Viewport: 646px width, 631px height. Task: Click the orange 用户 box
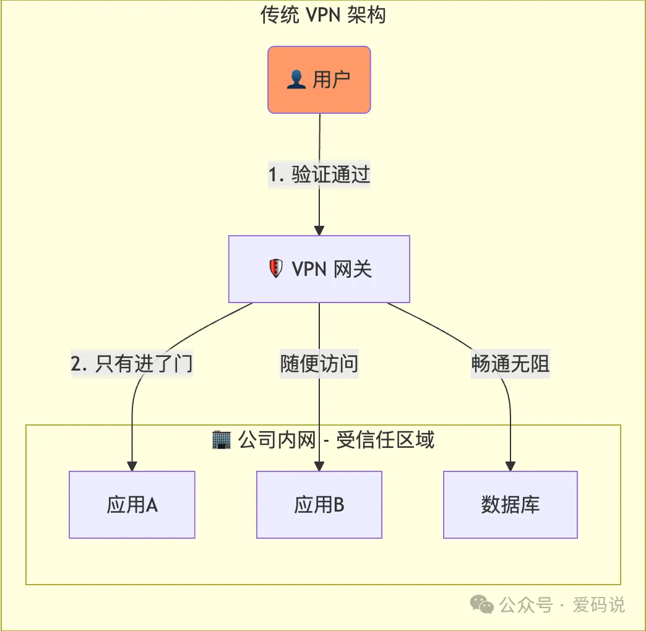(319, 80)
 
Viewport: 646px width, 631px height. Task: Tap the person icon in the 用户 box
(296, 80)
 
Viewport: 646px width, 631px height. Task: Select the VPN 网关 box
(319, 269)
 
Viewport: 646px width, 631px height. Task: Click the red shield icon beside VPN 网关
(275, 269)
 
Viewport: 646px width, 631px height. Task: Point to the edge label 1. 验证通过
(319, 175)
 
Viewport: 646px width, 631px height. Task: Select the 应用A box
(132, 505)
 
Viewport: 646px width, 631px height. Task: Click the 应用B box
(319, 505)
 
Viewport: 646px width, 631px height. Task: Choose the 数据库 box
(510, 505)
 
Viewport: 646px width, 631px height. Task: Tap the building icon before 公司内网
(221, 440)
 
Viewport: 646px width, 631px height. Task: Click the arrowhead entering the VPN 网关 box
(319, 230)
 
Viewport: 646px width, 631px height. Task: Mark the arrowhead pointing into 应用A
(132, 466)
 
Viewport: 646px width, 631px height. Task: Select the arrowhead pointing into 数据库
(510, 466)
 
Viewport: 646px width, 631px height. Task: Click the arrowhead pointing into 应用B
(319, 466)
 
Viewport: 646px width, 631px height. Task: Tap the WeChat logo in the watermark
(482, 604)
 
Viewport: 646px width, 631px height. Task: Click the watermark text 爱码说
(598, 604)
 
